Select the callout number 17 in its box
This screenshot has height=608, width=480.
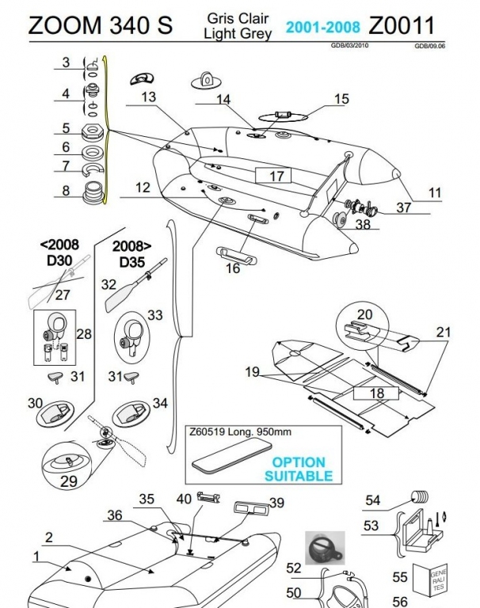[275, 176]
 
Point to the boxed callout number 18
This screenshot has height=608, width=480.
[375, 393]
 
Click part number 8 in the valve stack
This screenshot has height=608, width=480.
[67, 191]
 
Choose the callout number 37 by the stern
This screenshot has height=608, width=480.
[404, 207]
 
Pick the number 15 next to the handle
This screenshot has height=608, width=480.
[341, 99]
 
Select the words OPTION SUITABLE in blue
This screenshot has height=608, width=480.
[298, 469]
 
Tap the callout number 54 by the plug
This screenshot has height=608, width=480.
[371, 500]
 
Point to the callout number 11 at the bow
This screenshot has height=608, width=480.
[435, 191]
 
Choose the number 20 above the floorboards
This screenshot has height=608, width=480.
[364, 314]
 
